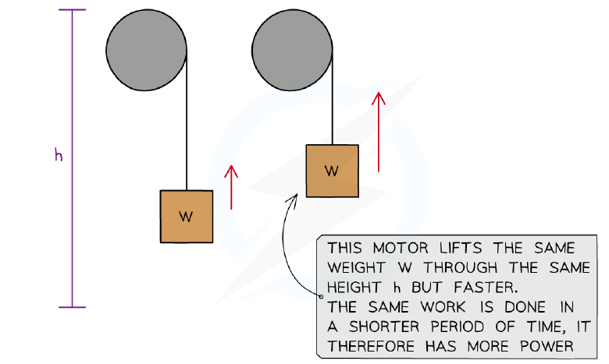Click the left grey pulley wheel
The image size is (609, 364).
pos(146,50)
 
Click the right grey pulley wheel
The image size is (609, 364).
pos(292,50)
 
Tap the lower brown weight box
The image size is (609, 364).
pos(187,217)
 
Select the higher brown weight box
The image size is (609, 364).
pos(332,171)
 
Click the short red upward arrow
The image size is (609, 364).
pos(231,188)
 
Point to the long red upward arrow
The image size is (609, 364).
pos(379,132)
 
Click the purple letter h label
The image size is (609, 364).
pos(59,155)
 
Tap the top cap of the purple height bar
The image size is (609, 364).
pos(73,9)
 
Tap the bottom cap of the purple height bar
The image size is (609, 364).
pos(73,307)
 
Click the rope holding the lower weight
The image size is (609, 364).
pos(187,120)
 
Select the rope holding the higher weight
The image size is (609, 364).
pos(333,97)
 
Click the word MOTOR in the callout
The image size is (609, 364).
pos(401,248)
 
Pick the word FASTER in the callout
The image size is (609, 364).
pos(486,288)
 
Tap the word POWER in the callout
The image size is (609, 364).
pos(547,346)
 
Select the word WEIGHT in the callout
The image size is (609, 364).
pos(356,268)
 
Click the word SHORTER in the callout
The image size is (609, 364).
pos(384,327)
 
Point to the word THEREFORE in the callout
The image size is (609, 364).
pos(371,346)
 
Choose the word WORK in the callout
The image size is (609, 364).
pos(443,307)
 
